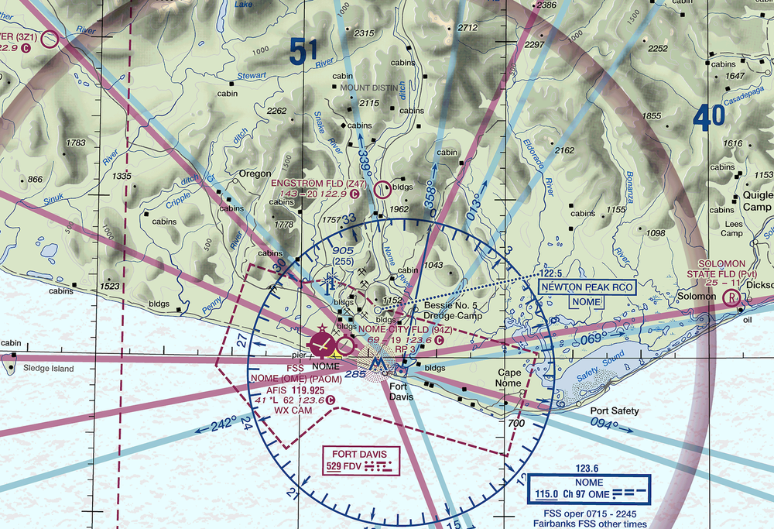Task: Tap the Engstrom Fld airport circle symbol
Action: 382,188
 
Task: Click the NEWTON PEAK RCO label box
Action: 587,287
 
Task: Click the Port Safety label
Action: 615,411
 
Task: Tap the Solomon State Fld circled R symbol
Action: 730,297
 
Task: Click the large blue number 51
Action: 304,53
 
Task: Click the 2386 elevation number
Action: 546,5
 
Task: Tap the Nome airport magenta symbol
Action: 323,342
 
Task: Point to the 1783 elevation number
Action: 76,143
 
